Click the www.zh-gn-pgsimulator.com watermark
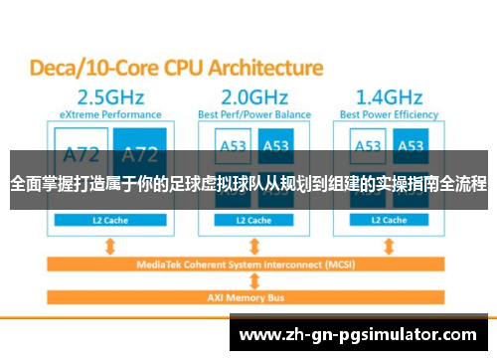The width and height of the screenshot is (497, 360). (362, 334)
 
